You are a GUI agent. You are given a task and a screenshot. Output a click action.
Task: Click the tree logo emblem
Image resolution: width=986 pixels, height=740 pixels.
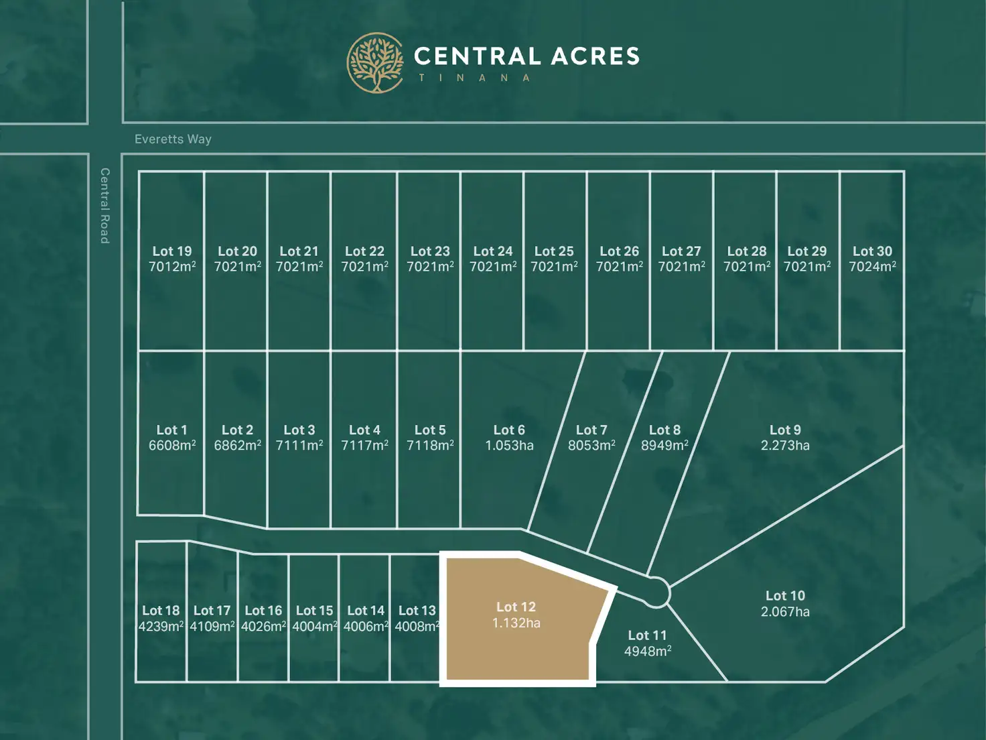click(375, 62)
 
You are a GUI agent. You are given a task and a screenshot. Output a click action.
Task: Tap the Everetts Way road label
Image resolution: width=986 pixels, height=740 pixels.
click(173, 139)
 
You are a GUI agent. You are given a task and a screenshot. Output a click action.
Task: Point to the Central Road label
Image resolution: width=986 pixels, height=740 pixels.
click(104, 205)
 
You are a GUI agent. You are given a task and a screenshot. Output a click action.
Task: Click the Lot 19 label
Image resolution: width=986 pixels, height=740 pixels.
click(172, 251)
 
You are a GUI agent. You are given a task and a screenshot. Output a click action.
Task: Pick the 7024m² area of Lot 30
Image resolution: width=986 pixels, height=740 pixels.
click(872, 267)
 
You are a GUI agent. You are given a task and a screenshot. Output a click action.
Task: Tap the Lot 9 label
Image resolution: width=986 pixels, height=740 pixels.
click(785, 430)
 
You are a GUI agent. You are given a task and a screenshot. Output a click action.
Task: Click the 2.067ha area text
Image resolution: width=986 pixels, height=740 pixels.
click(785, 611)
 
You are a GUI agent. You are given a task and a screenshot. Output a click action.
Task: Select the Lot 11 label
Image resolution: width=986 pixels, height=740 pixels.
click(647, 635)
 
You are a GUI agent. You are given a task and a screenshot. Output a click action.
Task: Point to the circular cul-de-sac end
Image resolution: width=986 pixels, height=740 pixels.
click(656, 593)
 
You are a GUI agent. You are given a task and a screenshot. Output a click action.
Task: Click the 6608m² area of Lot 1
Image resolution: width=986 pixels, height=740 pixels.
click(172, 446)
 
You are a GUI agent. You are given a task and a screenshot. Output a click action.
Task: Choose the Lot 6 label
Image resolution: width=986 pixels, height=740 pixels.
click(509, 430)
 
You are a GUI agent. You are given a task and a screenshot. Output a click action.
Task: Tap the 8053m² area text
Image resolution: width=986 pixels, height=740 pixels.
click(591, 446)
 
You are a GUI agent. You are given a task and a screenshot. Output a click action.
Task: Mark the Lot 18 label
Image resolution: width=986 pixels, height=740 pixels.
click(161, 611)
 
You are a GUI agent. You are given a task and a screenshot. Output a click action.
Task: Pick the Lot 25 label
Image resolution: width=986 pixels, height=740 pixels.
click(554, 251)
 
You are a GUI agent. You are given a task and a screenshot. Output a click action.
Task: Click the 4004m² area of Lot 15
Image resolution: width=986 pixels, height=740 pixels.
click(314, 627)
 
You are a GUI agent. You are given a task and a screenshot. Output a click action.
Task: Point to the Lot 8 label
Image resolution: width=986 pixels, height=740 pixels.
click(664, 430)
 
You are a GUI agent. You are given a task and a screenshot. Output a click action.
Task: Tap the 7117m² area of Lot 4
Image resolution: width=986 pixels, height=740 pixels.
click(364, 446)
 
